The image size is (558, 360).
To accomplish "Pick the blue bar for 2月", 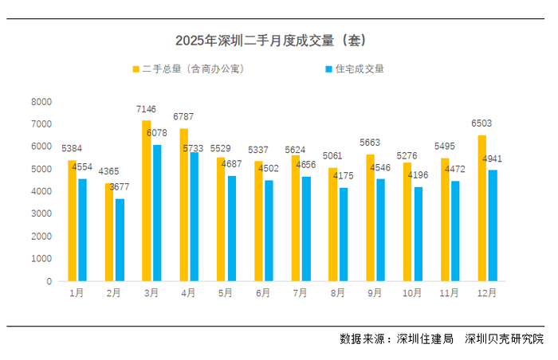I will (120, 240).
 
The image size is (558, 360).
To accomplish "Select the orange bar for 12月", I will (481, 208).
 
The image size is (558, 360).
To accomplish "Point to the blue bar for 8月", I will (344, 234).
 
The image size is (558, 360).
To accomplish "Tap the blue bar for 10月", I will (418, 234).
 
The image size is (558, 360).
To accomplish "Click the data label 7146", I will (147, 108).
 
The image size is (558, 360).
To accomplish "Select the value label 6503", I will (481, 123).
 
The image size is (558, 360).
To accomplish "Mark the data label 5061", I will (333, 155).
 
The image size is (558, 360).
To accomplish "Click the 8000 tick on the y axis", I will (41, 102).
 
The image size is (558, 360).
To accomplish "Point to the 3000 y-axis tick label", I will (41, 214).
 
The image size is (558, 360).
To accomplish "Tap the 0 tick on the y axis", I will (49, 281).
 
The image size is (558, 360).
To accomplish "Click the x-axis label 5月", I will (226, 293).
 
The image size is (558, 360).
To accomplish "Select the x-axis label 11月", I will (449, 293).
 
